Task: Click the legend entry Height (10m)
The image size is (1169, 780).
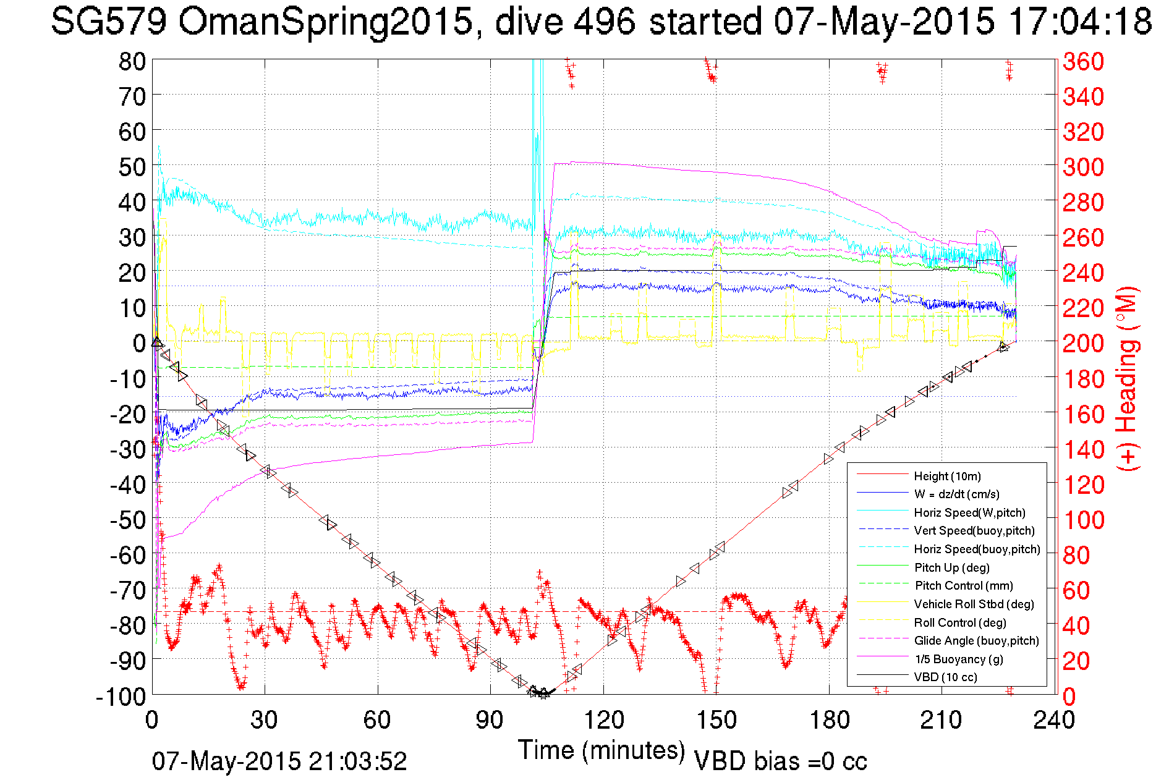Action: click(x=947, y=476)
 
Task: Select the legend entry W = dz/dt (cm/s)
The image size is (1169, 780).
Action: click(x=956, y=494)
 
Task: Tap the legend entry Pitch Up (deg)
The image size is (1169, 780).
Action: click(x=951, y=567)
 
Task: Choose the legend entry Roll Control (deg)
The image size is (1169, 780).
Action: click(x=959, y=622)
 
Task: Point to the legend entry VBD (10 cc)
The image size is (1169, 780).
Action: click(x=945, y=677)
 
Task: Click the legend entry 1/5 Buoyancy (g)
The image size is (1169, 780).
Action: click(x=959, y=659)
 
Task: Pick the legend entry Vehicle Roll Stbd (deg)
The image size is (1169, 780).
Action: click(x=974, y=604)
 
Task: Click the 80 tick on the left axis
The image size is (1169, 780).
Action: click(x=132, y=61)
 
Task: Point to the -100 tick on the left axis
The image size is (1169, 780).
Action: click(x=121, y=697)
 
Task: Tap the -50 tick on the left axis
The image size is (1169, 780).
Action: click(x=127, y=520)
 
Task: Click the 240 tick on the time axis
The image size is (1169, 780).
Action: click(x=1055, y=720)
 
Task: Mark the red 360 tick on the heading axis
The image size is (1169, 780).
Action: click(x=1083, y=61)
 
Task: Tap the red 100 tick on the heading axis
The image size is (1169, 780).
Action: click(x=1083, y=520)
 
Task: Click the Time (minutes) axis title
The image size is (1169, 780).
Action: click(x=602, y=750)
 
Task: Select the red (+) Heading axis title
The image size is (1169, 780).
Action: click(x=1128, y=378)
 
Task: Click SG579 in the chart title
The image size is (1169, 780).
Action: click(x=109, y=22)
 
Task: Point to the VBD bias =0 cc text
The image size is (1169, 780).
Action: click(x=780, y=761)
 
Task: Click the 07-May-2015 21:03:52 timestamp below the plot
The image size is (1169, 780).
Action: click(x=279, y=761)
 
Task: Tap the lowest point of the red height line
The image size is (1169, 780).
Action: click(x=543, y=694)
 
